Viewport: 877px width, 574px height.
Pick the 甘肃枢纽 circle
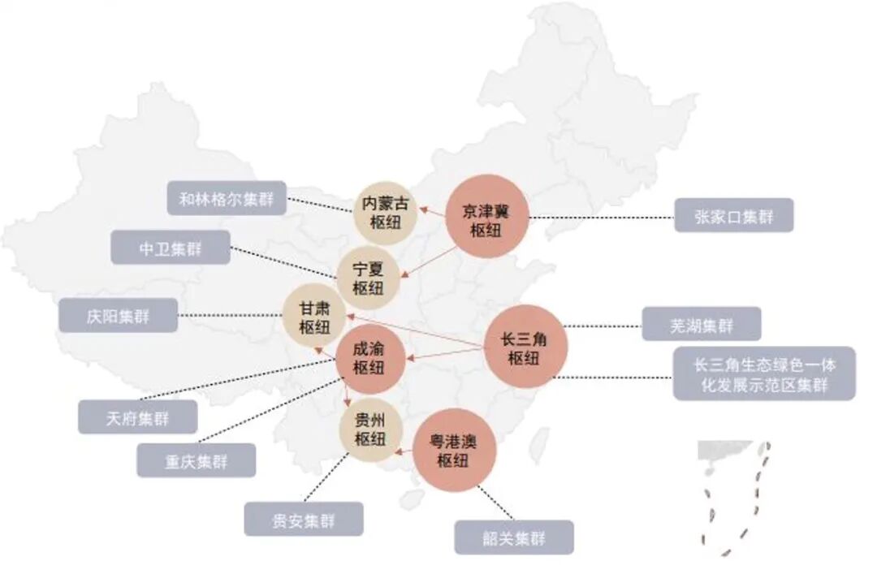tap(313, 317)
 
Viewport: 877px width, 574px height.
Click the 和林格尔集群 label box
tap(227, 198)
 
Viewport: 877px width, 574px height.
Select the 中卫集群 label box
tap(171, 248)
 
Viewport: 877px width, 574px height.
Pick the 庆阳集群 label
tap(118, 315)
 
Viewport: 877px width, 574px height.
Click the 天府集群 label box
tap(137, 417)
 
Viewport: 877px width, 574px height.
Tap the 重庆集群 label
tap(197, 460)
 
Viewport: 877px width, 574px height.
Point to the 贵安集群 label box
tap(304, 520)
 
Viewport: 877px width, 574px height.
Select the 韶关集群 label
tap(513, 537)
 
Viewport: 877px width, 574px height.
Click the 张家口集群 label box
tap(733, 215)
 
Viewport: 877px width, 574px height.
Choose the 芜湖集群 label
tap(702, 324)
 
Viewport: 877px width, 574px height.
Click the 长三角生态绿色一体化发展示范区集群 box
tap(764, 374)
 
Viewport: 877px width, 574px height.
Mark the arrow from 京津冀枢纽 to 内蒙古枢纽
tap(430, 214)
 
